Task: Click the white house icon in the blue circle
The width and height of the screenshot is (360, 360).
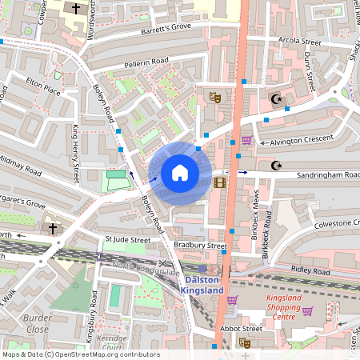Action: (x=179, y=173)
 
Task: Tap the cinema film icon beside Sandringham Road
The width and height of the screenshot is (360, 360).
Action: (x=220, y=182)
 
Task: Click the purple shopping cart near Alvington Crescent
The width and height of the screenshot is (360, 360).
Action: (x=246, y=140)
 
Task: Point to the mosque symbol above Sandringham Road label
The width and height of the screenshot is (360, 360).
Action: (x=278, y=165)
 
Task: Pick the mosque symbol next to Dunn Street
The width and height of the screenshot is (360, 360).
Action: (x=278, y=99)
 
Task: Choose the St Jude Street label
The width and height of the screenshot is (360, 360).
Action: (x=128, y=239)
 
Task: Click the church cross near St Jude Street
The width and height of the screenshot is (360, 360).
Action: (x=53, y=228)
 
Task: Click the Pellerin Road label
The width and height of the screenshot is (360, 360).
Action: (x=146, y=62)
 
